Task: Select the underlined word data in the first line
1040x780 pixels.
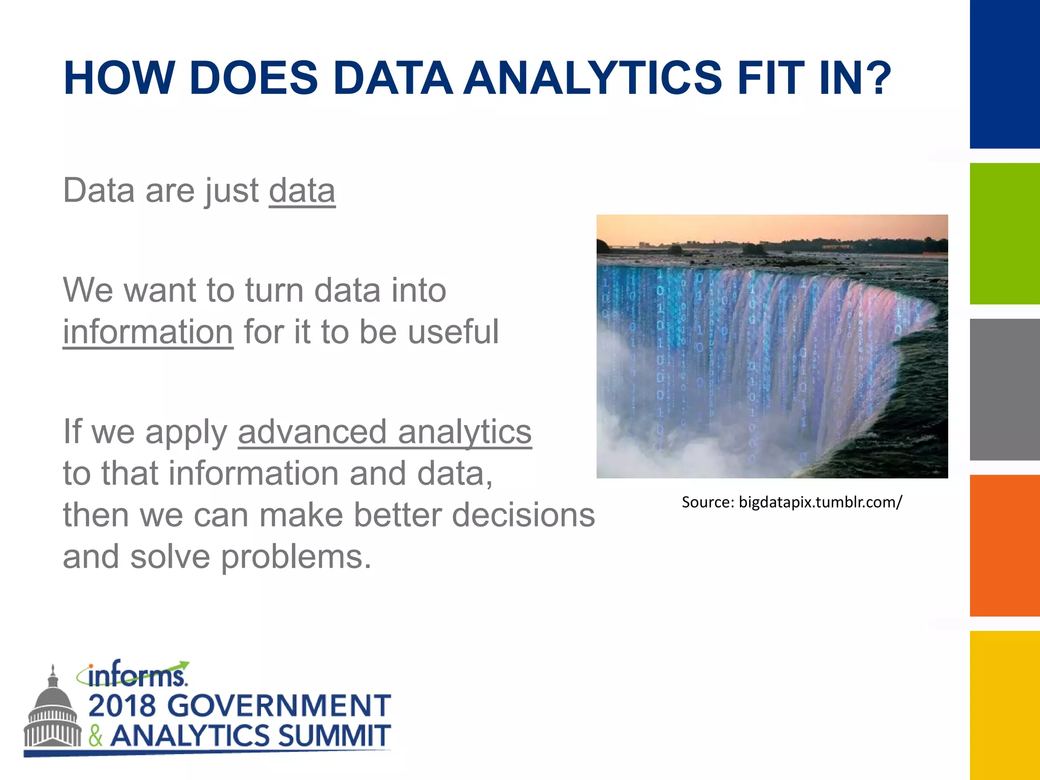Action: pos(302,191)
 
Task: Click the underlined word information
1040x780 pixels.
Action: pos(148,332)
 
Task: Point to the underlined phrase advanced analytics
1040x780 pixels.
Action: pos(384,432)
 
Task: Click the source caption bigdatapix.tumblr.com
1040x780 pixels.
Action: pos(792,502)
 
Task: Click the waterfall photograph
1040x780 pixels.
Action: pos(772,346)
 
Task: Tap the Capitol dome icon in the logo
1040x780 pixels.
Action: pos(52,711)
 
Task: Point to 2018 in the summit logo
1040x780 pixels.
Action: pos(122,706)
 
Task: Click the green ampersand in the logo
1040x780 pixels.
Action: pos(96,736)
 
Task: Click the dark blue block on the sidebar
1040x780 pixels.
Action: pos(1004,74)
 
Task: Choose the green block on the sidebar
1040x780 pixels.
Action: pos(1004,234)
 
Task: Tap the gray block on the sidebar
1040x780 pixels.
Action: pos(1004,389)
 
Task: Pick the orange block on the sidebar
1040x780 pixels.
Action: pos(1004,545)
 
